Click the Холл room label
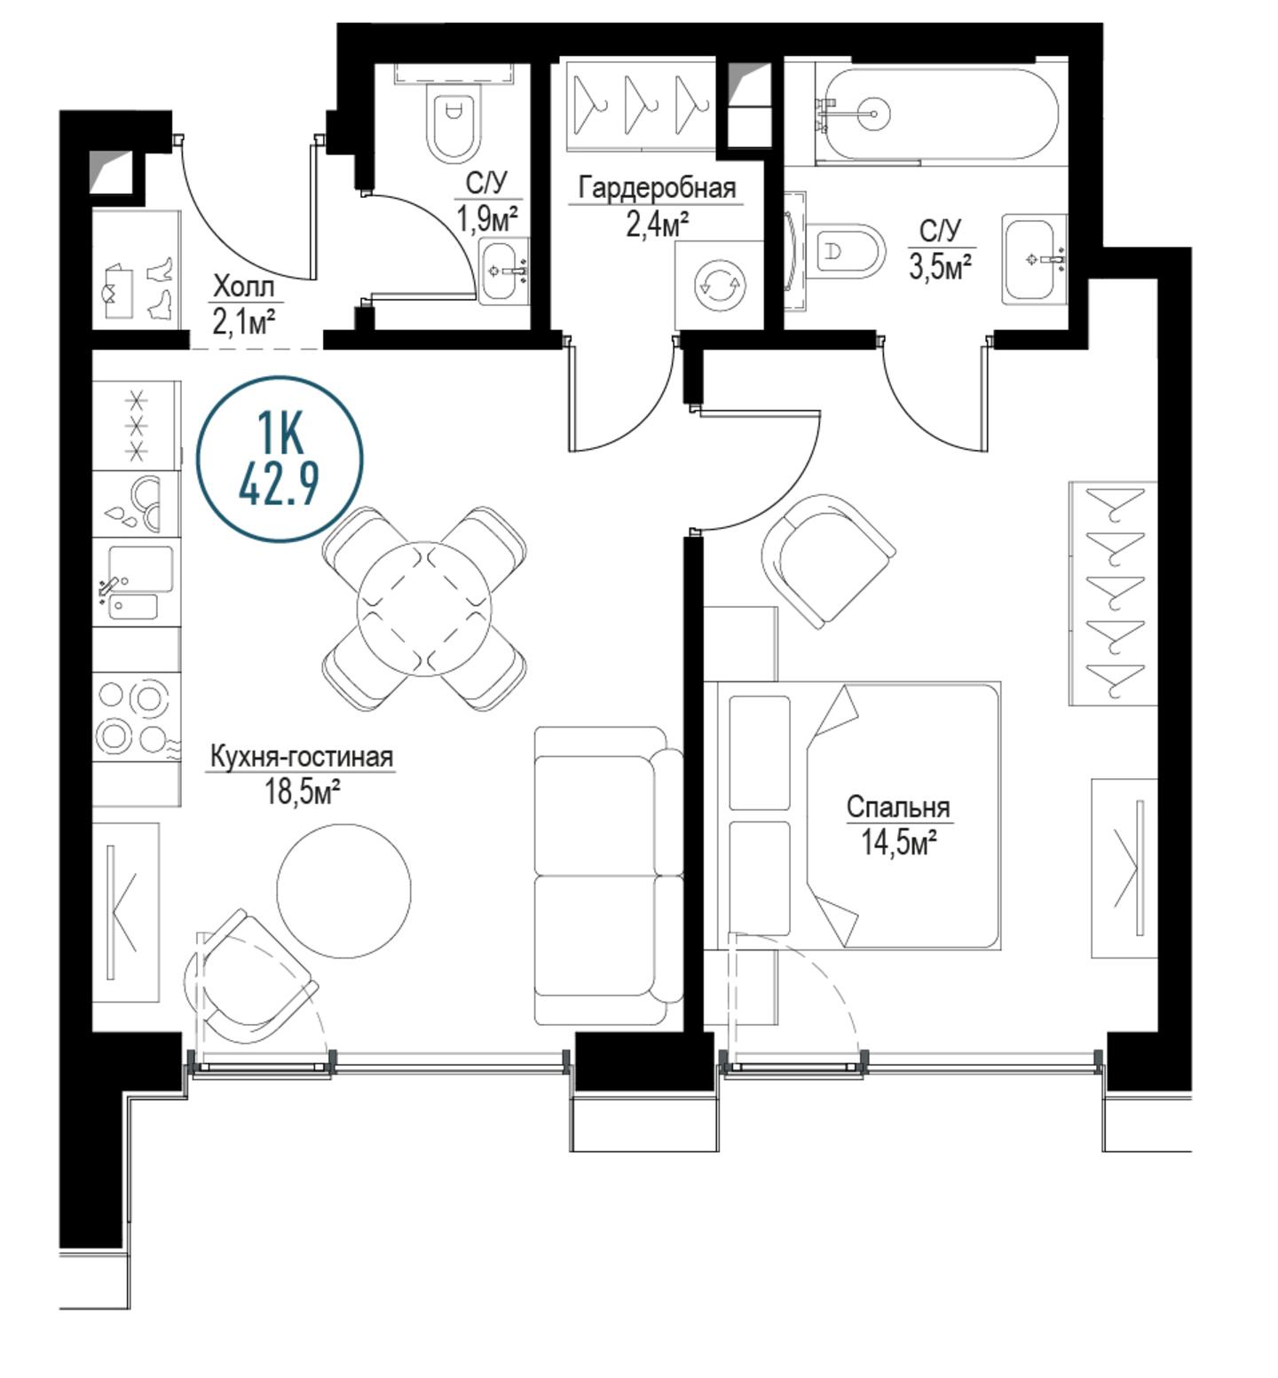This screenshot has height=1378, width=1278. pyautogui.click(x=244, y=287)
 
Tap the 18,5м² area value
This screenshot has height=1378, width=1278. pyautogui.click(x=302, y=791)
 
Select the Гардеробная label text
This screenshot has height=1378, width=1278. pyautogui.click(x=657, y=188)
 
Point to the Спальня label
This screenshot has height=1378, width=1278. pyautogui.click(x=897, y=807)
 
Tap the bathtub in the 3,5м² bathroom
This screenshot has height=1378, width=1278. pyautogui.click(x=939, y=114)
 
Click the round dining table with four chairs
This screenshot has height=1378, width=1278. pyautogui.click(x=424, y=608)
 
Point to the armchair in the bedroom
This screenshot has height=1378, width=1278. pyautogui.click(x=827, y=561)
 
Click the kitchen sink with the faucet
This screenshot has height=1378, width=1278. pyautogui.click(x=137, y=582)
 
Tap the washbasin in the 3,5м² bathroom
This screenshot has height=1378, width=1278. pyautogui.click(x=1034, y=259)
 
